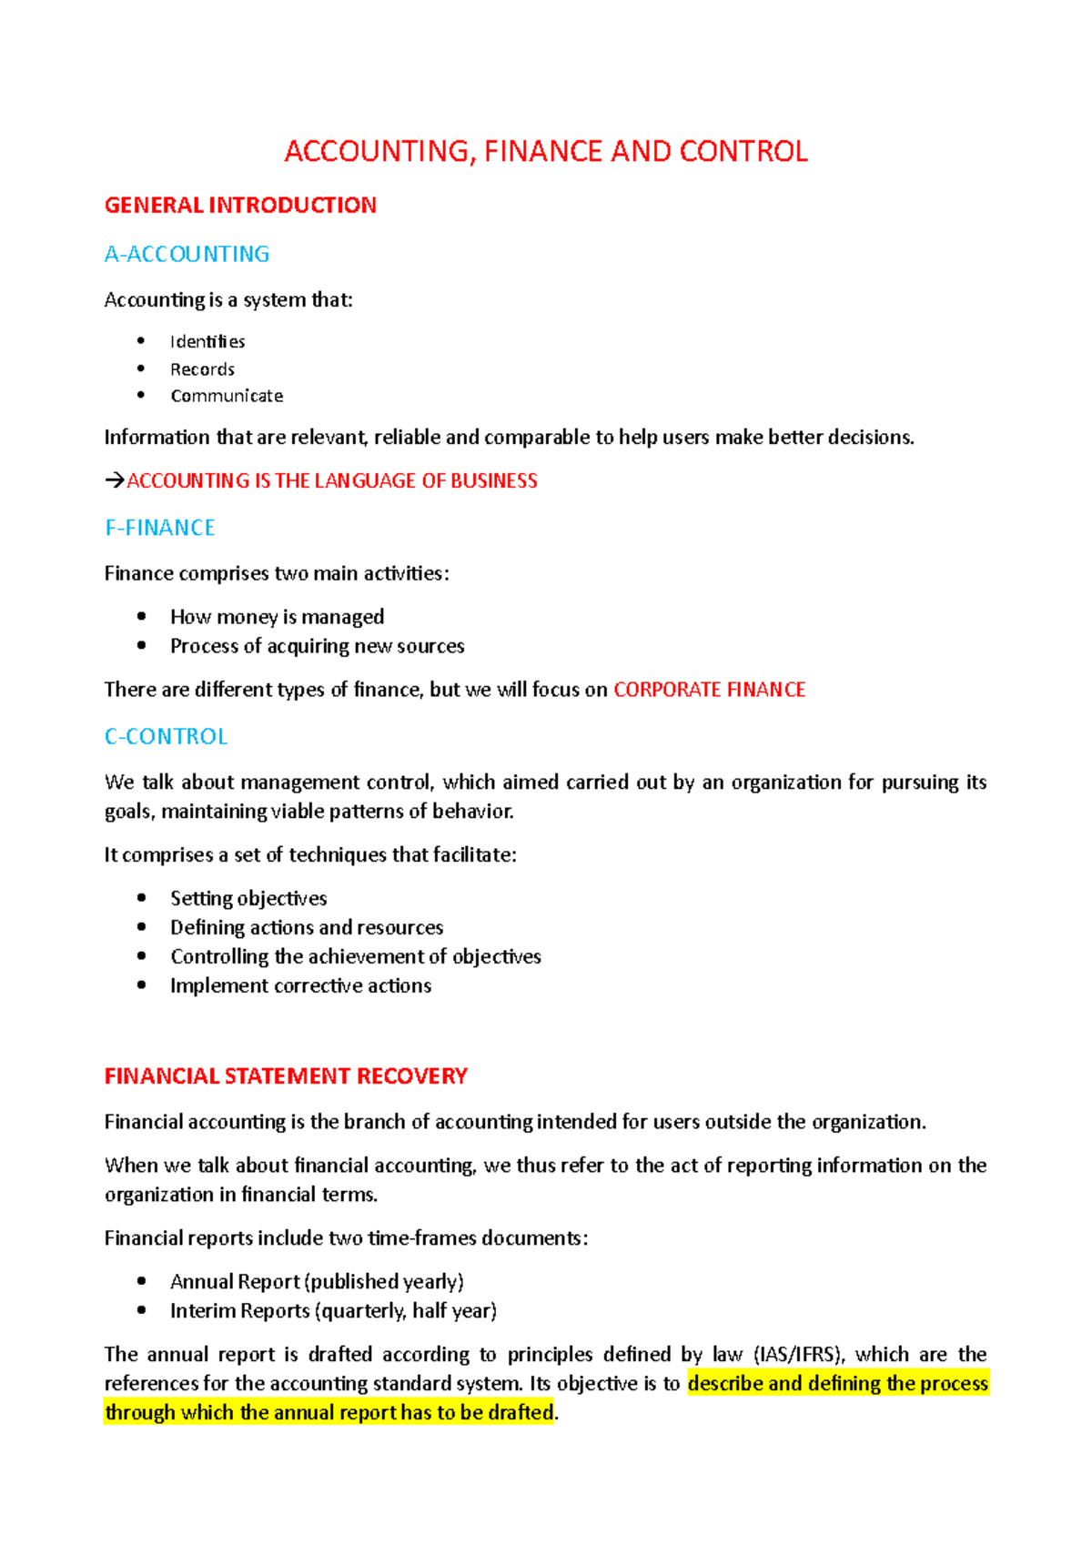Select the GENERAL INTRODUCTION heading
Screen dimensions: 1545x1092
click(240, 206)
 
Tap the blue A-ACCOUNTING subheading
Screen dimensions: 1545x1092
click(187, 254)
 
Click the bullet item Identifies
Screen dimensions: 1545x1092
click(207, 342)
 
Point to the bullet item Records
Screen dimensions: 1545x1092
click(202, 369)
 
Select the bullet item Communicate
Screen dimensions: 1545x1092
click(227, 396)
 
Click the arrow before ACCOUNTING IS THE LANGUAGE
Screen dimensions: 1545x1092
click(115, 480)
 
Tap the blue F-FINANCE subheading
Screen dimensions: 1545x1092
click(160, 528)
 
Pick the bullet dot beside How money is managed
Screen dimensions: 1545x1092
click(141, 616)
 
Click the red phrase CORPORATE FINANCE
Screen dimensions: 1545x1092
click(709, 690)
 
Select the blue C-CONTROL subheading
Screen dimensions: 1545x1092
click(166, 736)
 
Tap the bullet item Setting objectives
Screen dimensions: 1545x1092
click(248, 899)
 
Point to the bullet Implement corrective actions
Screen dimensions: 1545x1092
click(300, 986)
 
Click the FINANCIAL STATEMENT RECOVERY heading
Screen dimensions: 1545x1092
click(286, 1076)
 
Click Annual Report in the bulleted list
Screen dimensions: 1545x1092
click(235, 1282)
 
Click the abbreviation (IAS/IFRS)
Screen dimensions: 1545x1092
click(800, 1355)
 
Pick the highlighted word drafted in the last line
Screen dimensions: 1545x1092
click(521, 1413)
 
